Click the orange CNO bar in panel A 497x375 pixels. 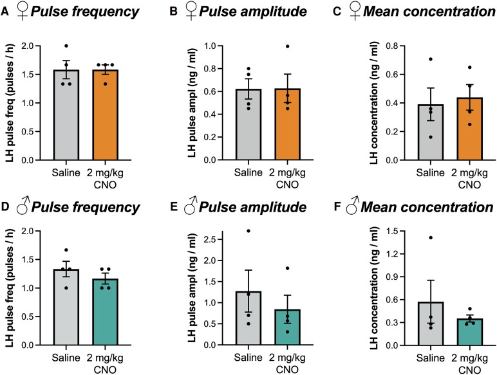point(106,115)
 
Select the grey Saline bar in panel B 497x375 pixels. point(248,125)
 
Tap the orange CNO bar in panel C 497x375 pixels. point(470,129)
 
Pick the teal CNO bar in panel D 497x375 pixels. point(106,312)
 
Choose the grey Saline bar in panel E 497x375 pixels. point(248,318)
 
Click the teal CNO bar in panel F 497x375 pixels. point(470,332)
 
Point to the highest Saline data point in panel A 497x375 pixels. point(66,46)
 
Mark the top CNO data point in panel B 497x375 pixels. point(288,46)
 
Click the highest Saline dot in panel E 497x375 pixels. point(248,231)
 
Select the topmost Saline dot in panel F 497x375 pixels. point(431,237)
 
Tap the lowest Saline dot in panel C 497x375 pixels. point(431,137)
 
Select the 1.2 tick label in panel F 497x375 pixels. point(392,254)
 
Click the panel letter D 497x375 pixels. point(5,207)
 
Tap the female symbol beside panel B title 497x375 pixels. point(191,11)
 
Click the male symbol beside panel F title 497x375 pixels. point(352,205)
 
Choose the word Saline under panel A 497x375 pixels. point(66,173)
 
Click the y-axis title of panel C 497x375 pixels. point(374,103)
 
